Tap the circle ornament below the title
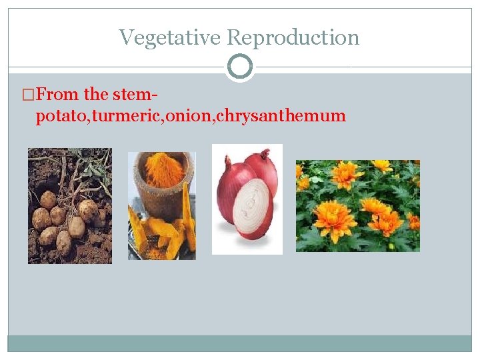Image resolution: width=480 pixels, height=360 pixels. pos(240,67)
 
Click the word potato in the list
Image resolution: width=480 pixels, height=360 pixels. pos(62,116)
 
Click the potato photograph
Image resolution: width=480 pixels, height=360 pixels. pos(70,205)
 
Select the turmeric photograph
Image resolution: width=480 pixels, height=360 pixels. pos(162,205)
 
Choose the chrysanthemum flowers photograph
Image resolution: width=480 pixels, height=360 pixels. pos(357,205)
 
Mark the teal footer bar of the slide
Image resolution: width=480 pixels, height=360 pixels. pos(240,343)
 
